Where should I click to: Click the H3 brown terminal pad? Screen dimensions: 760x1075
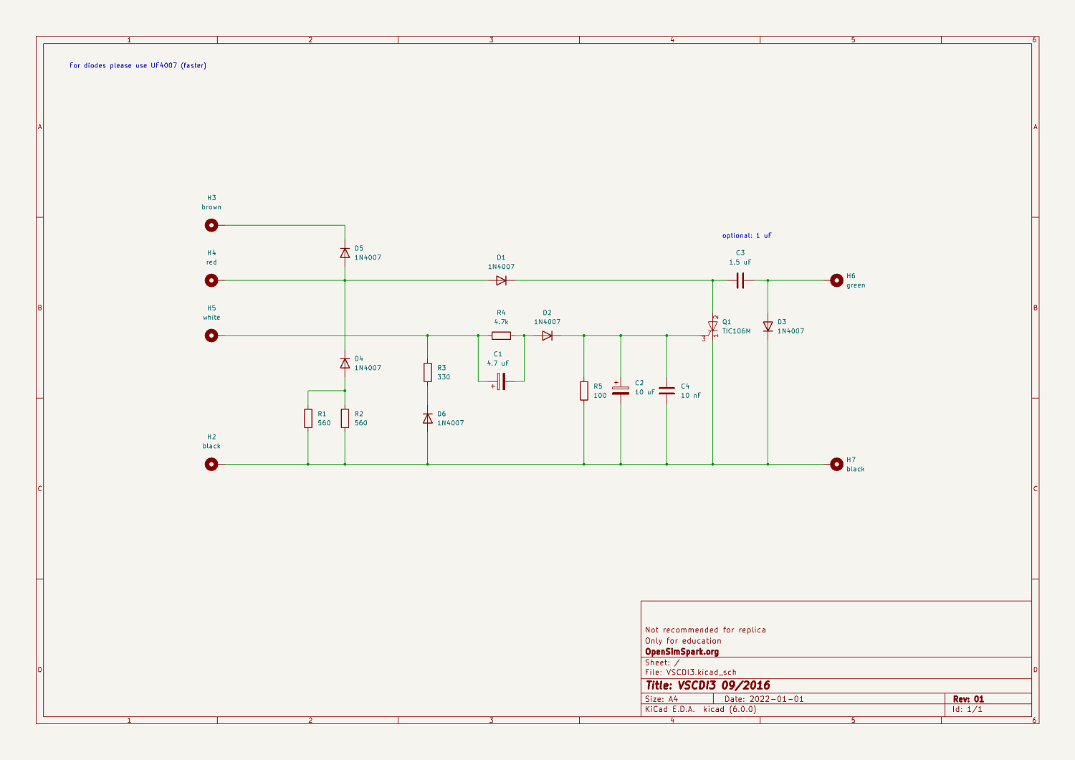click(x=211, y=225)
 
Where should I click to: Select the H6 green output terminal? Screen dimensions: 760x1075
click(x=836, y=280)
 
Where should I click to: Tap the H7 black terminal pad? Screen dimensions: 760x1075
click(x=836, y=464)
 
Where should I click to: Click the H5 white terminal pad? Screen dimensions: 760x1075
click(x=211, y=336)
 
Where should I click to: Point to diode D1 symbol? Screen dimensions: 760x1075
click(x=501, y=280)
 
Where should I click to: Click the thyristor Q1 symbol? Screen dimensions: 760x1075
click(x=712, y=327)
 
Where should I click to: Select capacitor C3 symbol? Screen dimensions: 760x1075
click(x=740, y=280)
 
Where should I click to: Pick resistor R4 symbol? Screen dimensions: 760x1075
click(x=501, y=336)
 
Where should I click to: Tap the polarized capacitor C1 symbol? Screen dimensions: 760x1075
click(x=501, y=381)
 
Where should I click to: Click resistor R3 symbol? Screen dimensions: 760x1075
click(x=428, y=372)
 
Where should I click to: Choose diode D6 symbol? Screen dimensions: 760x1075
click(x=428, y=418)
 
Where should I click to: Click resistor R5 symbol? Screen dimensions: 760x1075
click(x=584, y=391)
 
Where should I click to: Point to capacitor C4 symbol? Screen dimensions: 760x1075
click(x=666, y=391)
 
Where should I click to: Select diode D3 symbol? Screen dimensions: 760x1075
click(x=768, y=327)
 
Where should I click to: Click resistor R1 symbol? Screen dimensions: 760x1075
click(x=308, y=418)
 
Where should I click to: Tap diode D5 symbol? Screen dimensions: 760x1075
click(x=345, y=252)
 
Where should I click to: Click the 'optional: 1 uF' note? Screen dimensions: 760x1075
click(x=747, y=236)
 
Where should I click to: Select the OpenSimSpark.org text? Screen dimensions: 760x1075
click(x=682, y=652)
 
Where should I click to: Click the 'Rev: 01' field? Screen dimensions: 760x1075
click(x=968, y=699)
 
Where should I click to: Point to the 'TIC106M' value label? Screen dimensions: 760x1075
click(x=736, y=331)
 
